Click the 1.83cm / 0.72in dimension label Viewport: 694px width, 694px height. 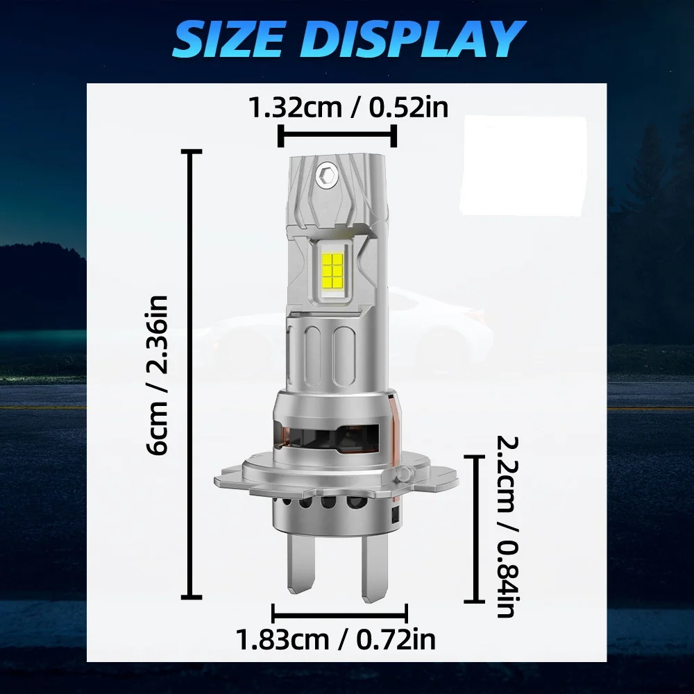(x=337, y=638)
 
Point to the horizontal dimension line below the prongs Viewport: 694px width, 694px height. (x=339, y=613)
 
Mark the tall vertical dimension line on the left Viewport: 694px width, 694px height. (x=191, y=375)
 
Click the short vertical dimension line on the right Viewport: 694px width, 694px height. (x=474, y=529)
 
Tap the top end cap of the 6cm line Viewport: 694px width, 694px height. (x=191, y=151)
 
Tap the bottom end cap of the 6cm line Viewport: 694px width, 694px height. (x=191, y=596)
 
